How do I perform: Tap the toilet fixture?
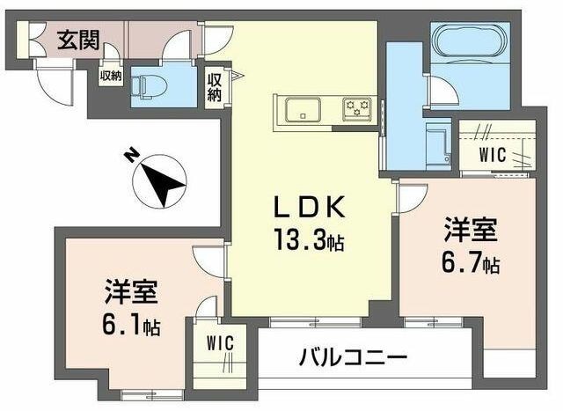(x=143, y=86)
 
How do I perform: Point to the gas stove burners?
(x=359, y=108)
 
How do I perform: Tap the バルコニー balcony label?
(x=352, y=358)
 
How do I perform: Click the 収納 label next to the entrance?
(x=110, y=76)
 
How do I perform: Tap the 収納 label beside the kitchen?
(x=214, y=87)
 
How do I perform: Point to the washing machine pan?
(x=436, y=141)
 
